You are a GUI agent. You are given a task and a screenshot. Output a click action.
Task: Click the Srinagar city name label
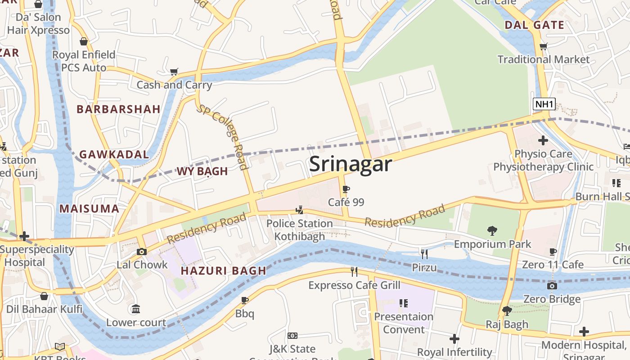click(351, 164)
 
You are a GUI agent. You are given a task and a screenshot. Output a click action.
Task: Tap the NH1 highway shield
click(544, 104)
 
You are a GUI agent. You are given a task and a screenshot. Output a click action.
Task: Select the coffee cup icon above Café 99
click(346, 189)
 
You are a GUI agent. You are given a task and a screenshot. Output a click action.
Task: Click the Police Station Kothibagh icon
click(299, 210)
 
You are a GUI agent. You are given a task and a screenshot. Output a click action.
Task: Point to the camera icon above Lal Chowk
click(142, 252)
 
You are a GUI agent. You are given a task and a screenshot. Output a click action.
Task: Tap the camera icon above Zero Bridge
click(552, 286)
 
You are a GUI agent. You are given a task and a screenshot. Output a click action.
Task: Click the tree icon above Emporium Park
click(492, 231)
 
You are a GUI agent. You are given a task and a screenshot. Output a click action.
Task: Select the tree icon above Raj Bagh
click(507, 310)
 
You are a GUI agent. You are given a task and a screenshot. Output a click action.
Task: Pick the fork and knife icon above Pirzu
click(424, 254)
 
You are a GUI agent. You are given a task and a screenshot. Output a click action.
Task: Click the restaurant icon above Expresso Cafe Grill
click(354, 271)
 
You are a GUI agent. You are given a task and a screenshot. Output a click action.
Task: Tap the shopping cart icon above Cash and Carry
click(174, 72)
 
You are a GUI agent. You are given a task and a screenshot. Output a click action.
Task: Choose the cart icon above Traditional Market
click(544, 46)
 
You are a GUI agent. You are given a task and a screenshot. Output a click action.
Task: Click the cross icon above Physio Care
click(543, 140)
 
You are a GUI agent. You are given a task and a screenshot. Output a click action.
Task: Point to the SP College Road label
click(224, 137)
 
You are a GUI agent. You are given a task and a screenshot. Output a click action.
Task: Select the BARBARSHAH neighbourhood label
click(118, 109)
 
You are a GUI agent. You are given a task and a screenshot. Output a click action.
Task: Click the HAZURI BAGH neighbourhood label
click(224, 271)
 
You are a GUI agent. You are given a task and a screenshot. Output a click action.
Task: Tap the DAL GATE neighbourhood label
click(534, 25)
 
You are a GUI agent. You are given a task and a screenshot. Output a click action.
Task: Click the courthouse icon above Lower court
click(135, 309)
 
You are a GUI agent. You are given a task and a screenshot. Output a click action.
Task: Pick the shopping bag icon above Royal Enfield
click(84, 42)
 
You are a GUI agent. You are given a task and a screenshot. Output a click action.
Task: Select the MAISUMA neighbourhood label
click(90, 209)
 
